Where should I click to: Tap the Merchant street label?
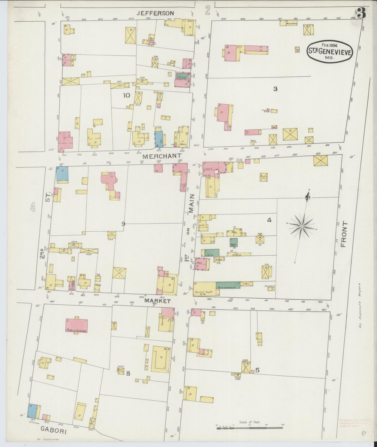(x=162, y=156)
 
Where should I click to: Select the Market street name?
(x=158, y=301)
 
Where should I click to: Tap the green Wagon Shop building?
(x=234, y=242)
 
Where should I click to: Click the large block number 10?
(x=126, y=95)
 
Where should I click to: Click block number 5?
(x=257, y=370)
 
